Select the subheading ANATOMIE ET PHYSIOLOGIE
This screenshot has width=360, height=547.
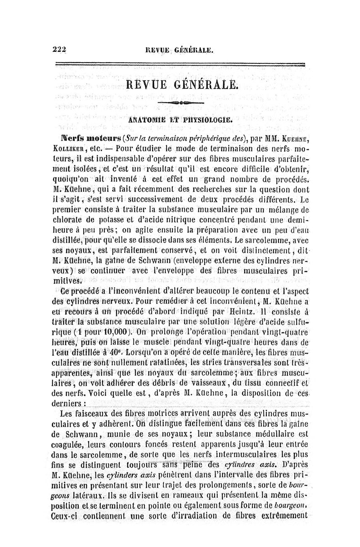pyautogui.click(x=180, y=120)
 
